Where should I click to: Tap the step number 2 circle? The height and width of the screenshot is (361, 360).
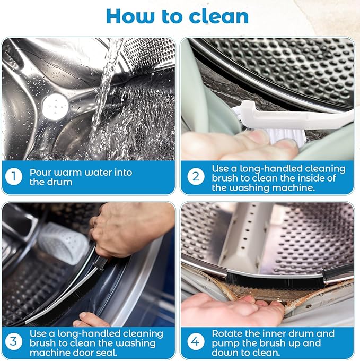coord(195,177)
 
